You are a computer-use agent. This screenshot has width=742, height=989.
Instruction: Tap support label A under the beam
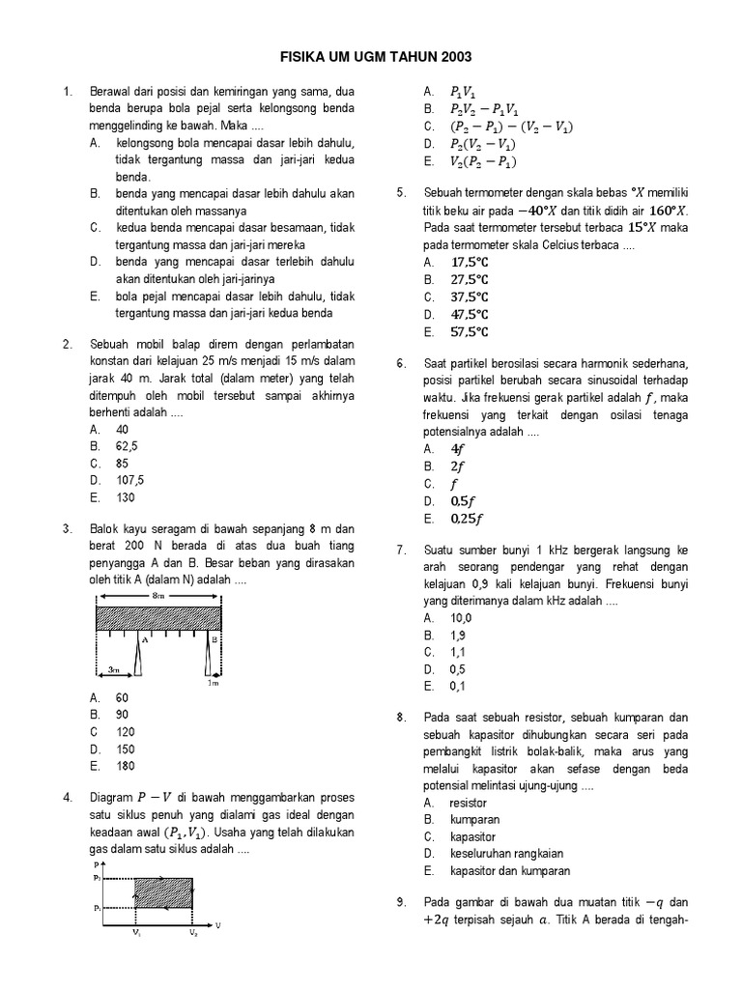click(x=143, y=638)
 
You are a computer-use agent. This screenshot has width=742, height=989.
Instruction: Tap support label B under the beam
click(x=214, y=638)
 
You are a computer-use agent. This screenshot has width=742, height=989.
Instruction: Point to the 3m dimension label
click(x=113, y=668)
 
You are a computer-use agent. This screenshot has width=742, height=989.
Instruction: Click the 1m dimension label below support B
click(x=214, y=682)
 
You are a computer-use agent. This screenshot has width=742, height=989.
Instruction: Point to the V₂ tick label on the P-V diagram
click(x=193, y=933)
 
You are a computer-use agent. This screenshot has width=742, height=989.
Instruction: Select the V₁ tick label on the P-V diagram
click(x=135, y=933)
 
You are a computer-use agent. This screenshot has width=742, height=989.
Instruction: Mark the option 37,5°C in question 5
click(x=470, y=297)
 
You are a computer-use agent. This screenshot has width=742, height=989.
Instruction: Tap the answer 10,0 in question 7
click(x=461, y=617)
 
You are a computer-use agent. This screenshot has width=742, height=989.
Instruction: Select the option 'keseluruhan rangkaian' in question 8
click(x=506, y=853)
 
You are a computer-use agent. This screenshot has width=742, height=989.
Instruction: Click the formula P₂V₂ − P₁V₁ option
click(x=483, y=108)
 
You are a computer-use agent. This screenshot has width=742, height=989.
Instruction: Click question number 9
click(x=401, y=902)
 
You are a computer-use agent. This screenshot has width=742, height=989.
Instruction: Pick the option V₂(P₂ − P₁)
click(x=482, y=161)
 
